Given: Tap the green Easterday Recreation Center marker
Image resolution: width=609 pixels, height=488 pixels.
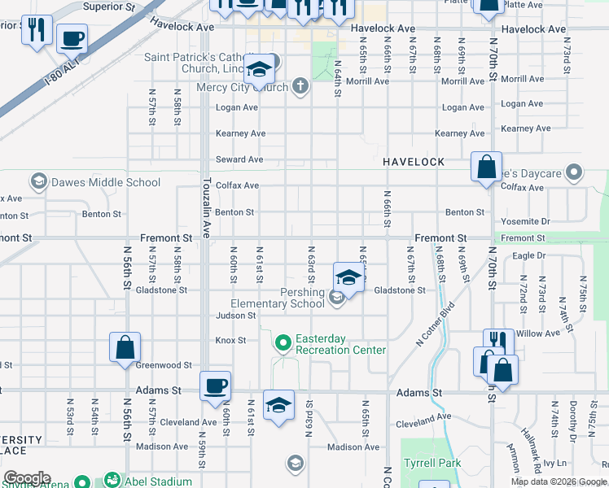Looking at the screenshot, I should click(x=283, y=343).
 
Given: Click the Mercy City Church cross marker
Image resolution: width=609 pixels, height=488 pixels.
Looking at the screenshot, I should click(x=300, y=85).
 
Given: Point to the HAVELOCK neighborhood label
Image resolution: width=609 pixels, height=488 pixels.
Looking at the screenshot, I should click(x=414, y=162).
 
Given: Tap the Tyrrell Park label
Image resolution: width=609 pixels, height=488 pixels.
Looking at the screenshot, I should click(x=431, y=464).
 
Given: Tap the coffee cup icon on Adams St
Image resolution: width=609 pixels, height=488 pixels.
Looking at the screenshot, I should click(x=216, y=386).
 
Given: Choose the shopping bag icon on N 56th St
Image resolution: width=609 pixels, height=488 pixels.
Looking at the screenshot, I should click(x=125, y=347).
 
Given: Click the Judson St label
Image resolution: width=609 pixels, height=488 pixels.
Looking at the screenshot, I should click(x=235, y=316).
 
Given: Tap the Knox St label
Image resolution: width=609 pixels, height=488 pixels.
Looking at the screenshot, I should click(x=230, y=340).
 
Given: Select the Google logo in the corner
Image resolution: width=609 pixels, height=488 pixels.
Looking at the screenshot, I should click(x=27, y=478).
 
